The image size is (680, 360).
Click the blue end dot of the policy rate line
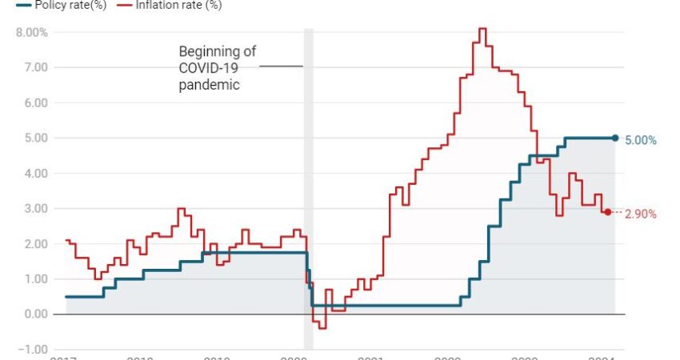(615, 138)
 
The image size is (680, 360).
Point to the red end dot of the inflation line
(607, 212)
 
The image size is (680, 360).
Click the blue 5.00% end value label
(641, 140)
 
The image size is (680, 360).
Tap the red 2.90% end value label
(640, 214)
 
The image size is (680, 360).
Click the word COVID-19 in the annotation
(209, 68)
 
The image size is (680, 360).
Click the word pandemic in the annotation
(209, 84)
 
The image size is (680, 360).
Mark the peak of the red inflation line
(482, 30)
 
